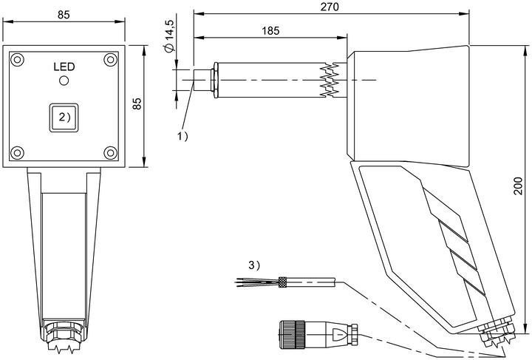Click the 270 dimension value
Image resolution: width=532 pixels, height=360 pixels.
coord(330,7)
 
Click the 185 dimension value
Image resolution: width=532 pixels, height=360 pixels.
coord(270,31)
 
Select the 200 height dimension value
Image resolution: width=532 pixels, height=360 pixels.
coord(518,186)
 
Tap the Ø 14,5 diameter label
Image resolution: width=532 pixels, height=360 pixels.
coord(169,36)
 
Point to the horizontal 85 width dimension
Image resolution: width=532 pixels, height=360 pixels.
coord(64,15)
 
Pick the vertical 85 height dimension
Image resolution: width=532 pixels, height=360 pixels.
coord(137,103)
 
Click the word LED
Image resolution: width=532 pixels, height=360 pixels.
coord(64,67)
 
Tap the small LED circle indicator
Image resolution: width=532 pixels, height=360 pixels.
coord(64,81)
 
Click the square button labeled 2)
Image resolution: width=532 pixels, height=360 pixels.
coord(64,118)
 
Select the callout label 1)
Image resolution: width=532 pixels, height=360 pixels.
coord(183,137)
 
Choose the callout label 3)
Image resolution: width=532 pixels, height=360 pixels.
coord(254,265)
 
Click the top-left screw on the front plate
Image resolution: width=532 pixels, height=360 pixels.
coord(17,60)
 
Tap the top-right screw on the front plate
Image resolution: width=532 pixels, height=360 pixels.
coord(110,60)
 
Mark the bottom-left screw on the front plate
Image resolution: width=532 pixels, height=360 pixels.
coord(17,153)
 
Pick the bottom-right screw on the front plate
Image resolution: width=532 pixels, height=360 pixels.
coord(110,153)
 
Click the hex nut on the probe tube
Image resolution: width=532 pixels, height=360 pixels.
coord(215,80)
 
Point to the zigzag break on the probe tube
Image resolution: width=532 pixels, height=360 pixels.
coord(330,80)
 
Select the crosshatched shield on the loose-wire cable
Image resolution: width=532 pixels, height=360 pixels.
coord(282,282)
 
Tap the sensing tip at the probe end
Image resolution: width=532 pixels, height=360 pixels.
coord(202,80)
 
